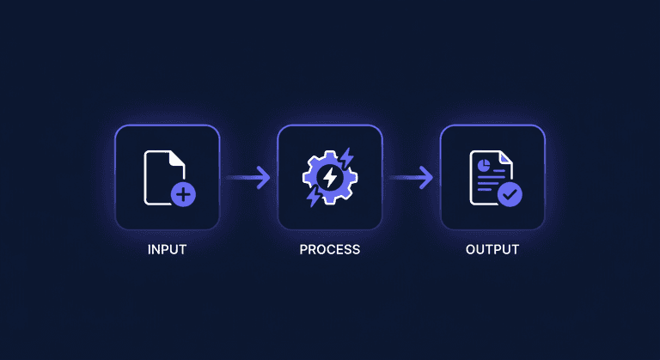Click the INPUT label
[x=167, y=250]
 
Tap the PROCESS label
[x=329, y=250]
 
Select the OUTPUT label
[x=492, y=250]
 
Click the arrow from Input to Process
[x=248, y=178]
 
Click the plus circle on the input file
[x=183, y=194]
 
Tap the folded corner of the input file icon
[x=177, y=158]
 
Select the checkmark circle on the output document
[x=510, y=194]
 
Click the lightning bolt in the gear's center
[x=329, y=178]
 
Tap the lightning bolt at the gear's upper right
[x=345, y=157]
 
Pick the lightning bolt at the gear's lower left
[x=314, y=197]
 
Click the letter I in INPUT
[x=150, y=250]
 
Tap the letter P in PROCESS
[x=303, y=250]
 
